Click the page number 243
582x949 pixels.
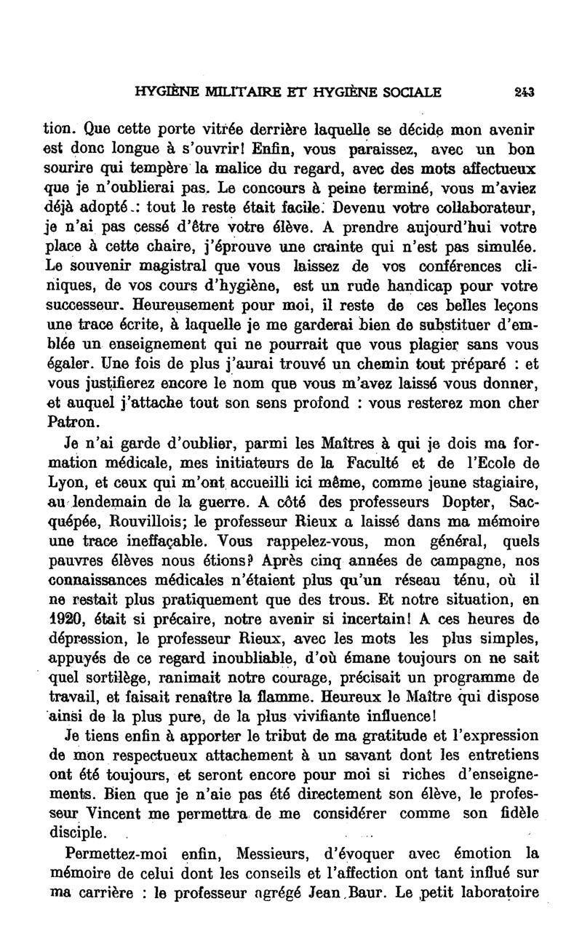[x=526, y=92]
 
